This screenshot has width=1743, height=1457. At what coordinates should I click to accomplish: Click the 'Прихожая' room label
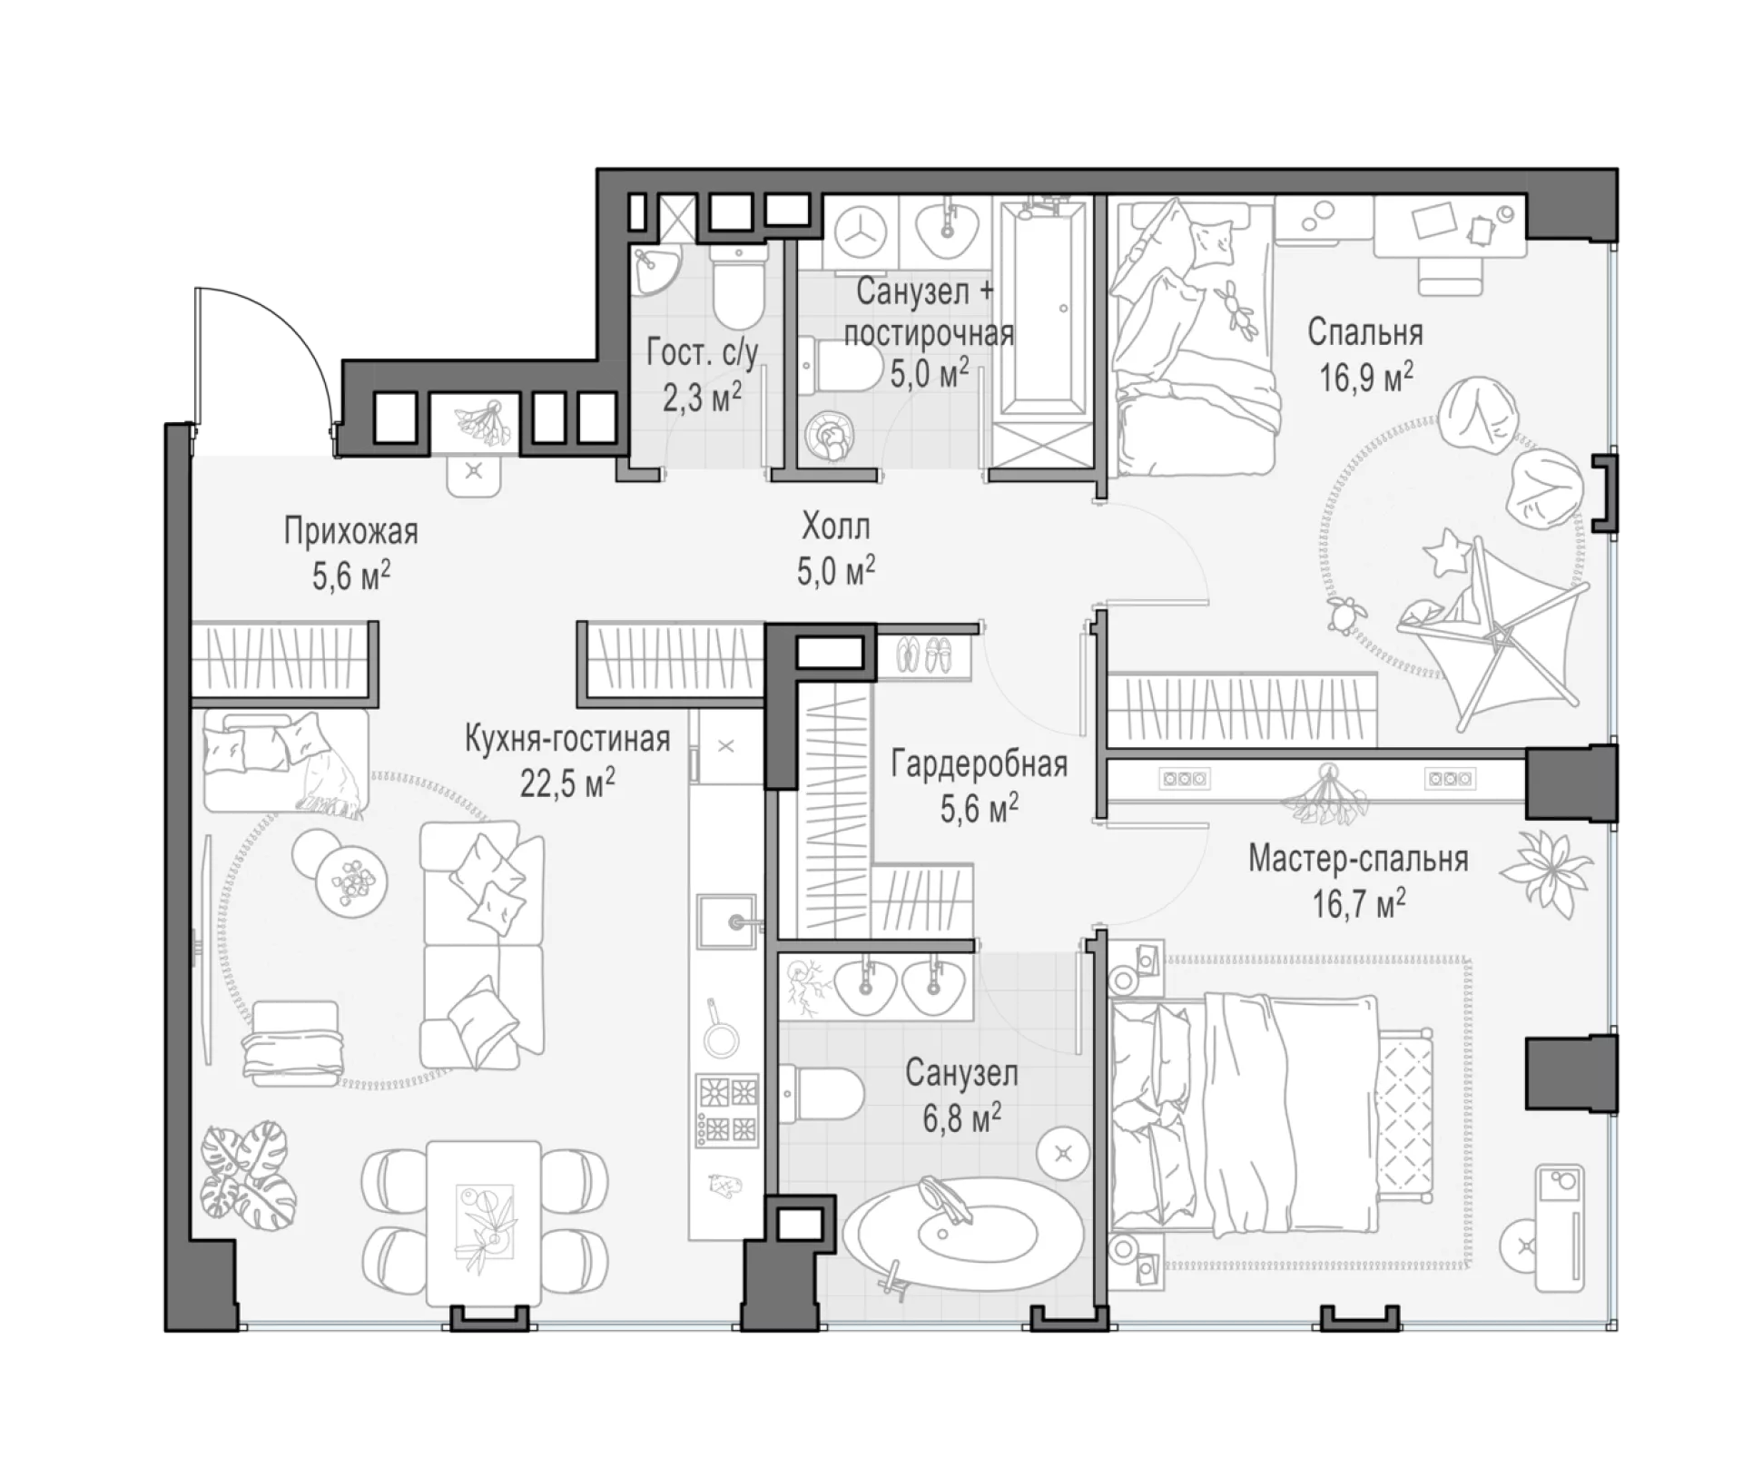351,531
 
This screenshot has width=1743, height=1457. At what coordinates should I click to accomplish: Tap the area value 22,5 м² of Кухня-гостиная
567,783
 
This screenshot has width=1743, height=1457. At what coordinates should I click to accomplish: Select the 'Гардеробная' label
979,764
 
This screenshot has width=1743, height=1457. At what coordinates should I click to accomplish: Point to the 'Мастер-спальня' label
1358,859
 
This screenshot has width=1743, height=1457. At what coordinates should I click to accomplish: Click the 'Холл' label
835,527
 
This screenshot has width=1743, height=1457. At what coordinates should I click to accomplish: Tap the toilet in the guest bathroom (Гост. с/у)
736,284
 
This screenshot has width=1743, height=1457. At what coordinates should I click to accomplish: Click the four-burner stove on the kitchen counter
727,1109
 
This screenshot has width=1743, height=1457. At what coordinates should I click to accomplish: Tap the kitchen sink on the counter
726,920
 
